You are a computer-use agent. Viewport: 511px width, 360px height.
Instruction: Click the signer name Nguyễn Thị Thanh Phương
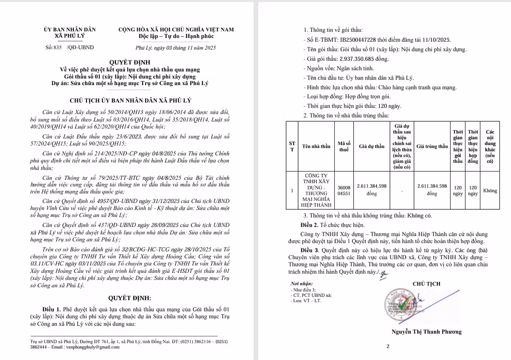[x=426, y=332]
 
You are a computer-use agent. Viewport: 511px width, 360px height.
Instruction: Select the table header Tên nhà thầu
[x=316, y=146]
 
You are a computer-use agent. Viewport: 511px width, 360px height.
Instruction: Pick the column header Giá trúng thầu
[x=432, y=146]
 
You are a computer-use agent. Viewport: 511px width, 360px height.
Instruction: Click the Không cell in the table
[x=490, y=191]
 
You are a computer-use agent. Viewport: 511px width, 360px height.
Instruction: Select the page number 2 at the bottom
[x=388, y=347]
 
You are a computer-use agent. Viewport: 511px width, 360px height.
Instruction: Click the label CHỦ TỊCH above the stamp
[x=426, y=284]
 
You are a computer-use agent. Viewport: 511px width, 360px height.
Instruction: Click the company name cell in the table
[x=316, y=190]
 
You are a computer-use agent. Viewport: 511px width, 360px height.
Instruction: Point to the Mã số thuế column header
[x=344, y=146]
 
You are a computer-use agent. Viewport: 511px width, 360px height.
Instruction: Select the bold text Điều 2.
[x=309, y=225]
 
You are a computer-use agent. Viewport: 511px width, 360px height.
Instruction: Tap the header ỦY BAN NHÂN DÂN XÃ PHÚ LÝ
[x=70, y=32]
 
